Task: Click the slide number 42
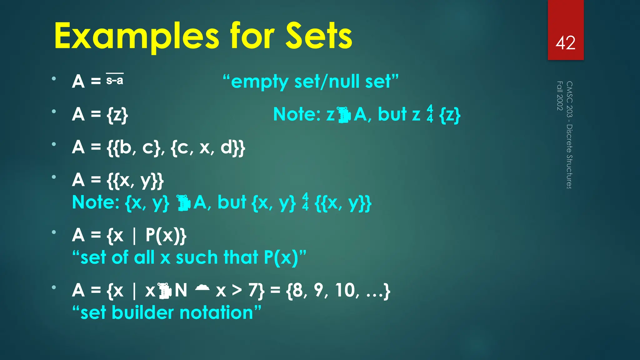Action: tap(565, 43)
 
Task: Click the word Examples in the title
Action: tap(137, 37)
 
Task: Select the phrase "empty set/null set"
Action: tap(311, 82)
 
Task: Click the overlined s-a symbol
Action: tap(115, 80)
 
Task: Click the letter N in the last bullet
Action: tap(181, 290)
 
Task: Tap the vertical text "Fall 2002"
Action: tap(560, 96)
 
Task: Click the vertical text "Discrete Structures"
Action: tap(569, 156)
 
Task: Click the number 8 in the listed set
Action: tap(297, 290)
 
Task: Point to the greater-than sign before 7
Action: tap(237, 290)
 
